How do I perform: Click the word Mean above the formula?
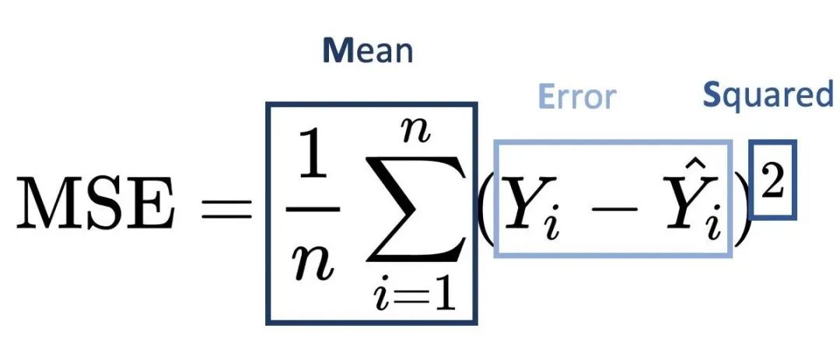coord(367,51)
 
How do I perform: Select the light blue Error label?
coord(576,97)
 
